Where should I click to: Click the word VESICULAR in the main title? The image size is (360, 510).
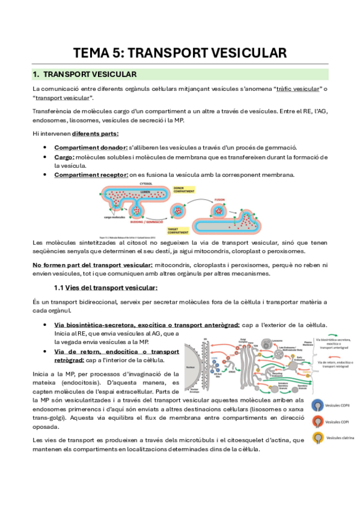pyautogui.click(x=241, y=53)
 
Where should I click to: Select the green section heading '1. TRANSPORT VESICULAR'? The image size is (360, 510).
pyautogui.click(x=85, y=75)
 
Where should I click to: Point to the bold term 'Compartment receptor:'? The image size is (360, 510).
pyautogui.click(x=91, y=175)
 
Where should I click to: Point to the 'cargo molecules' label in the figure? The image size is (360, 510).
pyautogui.click(x=113, y=217)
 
